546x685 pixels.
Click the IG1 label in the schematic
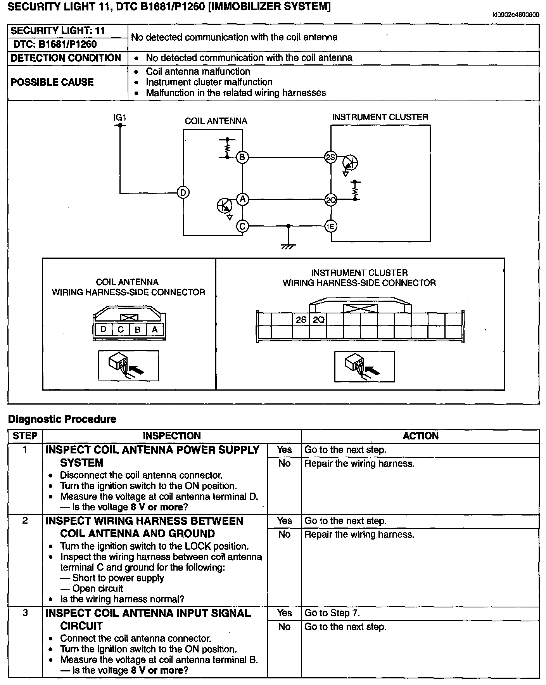[120, 117]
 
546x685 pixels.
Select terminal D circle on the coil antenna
[183, 192]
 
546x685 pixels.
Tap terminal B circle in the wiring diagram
[242, 157]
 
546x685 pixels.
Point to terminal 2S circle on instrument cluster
[330, 157]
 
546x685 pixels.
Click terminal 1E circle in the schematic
[330, 226]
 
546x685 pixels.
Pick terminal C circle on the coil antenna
[242, 226]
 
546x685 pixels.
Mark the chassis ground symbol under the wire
[288, 246]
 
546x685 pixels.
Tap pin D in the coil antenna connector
[103, 330]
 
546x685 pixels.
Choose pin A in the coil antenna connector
[155, 330]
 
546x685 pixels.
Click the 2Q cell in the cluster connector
[318, 320]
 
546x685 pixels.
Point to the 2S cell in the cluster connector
[301, 320]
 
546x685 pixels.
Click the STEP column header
[25, 436]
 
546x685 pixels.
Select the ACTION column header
[420, 436]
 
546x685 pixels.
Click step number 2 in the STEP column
[25, 521]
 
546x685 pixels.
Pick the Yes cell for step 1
[284, 450]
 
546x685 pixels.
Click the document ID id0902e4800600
[515, 15]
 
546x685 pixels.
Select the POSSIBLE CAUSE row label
[52, 82]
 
